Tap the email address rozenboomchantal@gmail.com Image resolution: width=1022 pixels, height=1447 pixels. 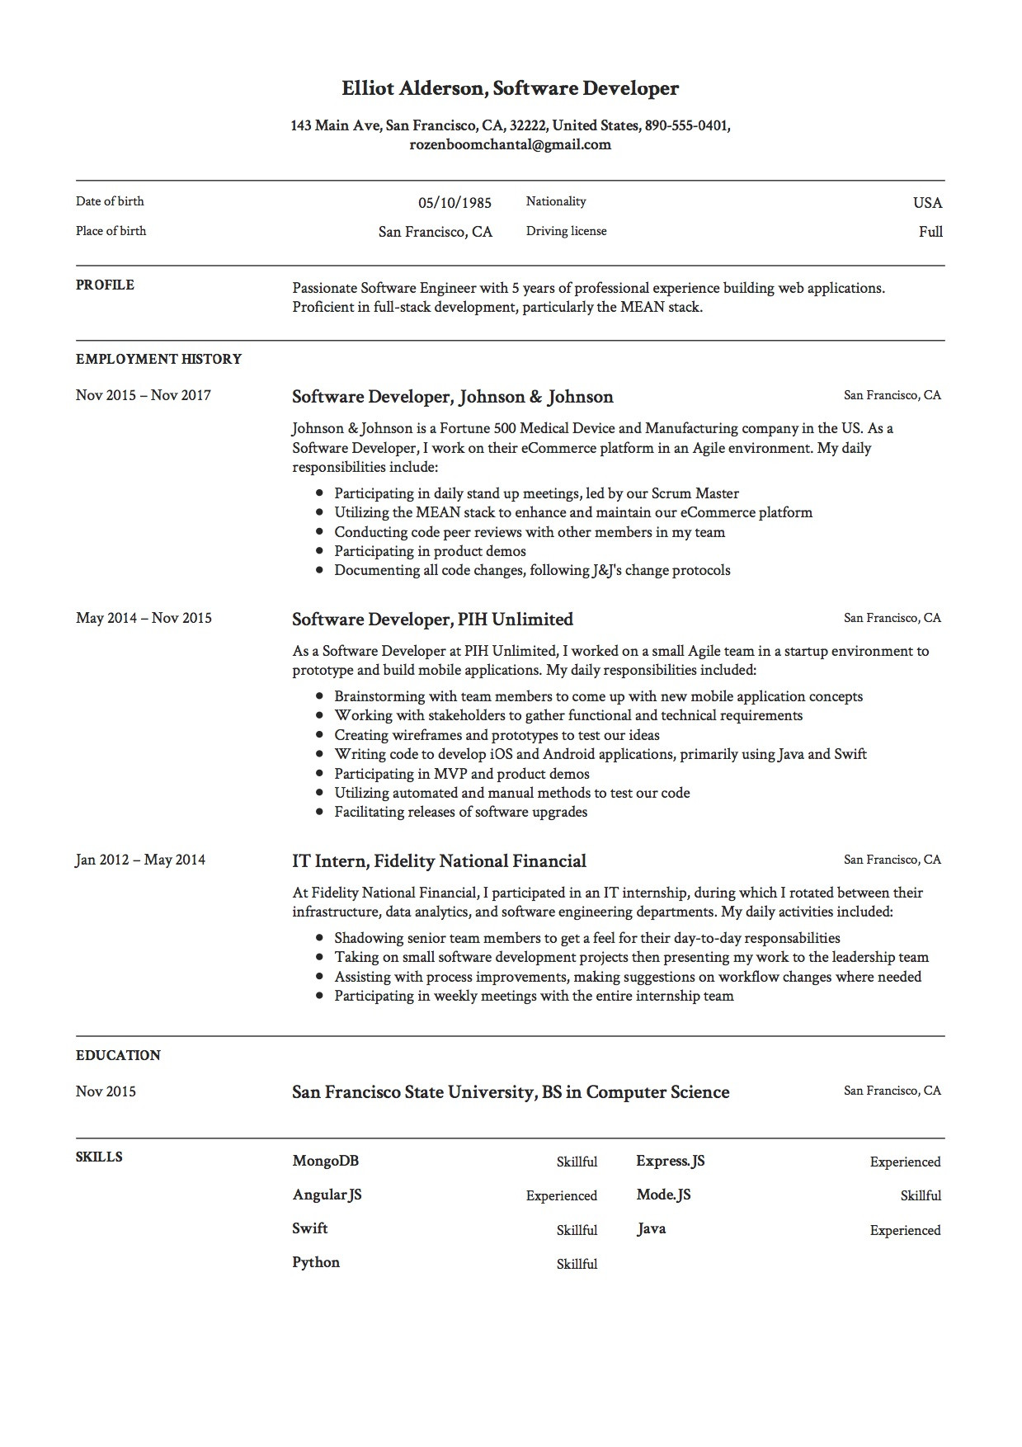pyautogui.click(x=510, y=144)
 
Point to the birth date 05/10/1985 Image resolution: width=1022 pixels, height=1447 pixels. pyautogui.click(x=454, y=203)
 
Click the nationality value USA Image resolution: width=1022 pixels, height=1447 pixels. pyautogui.click(x=927, y=203)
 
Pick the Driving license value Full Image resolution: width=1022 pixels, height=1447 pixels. pyautogui.click(x=930, y=232)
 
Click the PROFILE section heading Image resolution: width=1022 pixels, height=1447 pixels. pyautogui.click(x=105, y=285)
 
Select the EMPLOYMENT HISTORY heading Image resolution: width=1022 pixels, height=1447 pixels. pyautogui.click(x=158, y=359)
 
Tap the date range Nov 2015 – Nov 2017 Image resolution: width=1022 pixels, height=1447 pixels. pyautogui.click(x=144, y=395)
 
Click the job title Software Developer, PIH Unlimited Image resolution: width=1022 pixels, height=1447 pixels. pyautogui.click(x=432, y=620)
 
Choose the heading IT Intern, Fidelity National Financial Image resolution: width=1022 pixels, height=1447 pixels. pyautogui.click(x=439, y=861)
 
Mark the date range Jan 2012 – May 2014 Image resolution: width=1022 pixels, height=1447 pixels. pyautogui.click(x=140, y=860)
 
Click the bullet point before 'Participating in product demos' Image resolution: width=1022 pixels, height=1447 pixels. pyautogui.click(x=319, y=551)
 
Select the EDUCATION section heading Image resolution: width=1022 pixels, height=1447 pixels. pyautogui.click(x=118, y=1055)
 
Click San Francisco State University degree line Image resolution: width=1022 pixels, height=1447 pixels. pyautogui.click(x=511, y=1092)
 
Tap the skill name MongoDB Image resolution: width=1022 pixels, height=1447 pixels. pyautogui.click(x=325, y=1161)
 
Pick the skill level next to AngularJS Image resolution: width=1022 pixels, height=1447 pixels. pyautogui.click(x=561, y=1195)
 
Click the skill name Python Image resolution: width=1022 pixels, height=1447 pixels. pyautogui.click(x=315, y=1262)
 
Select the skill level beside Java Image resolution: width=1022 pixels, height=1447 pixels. pyautogui.click(x=905, y=1230)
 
